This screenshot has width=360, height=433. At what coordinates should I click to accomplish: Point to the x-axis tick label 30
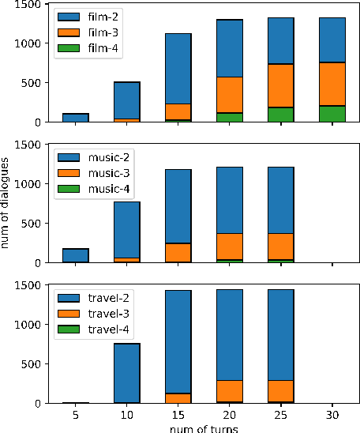pos(332,414)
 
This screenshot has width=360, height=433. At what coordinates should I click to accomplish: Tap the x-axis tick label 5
pos(76,414)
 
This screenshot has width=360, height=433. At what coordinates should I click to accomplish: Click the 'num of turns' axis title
pos(204,427)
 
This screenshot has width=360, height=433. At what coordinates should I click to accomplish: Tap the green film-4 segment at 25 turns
pos(281,114)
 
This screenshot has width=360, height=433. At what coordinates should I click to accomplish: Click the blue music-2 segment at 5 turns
pos(76,255)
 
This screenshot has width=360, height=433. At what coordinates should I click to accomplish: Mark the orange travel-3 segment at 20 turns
pos(230,391)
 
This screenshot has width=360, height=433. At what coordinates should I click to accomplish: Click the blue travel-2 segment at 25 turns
pos(281,335)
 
